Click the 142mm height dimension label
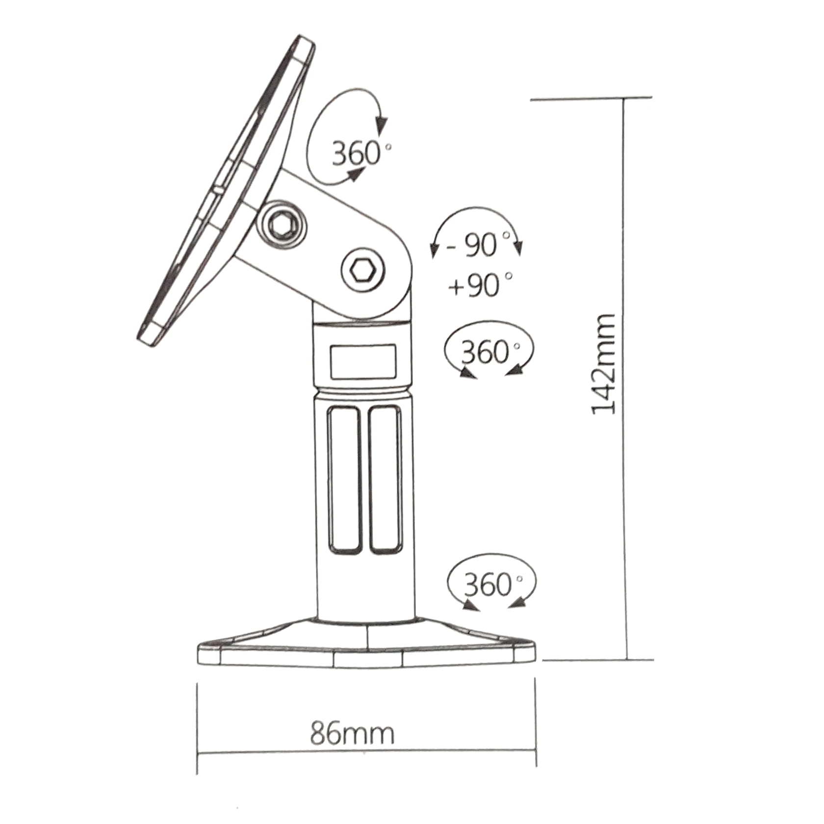pos(604,364)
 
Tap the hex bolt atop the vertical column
pos(363,270)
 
